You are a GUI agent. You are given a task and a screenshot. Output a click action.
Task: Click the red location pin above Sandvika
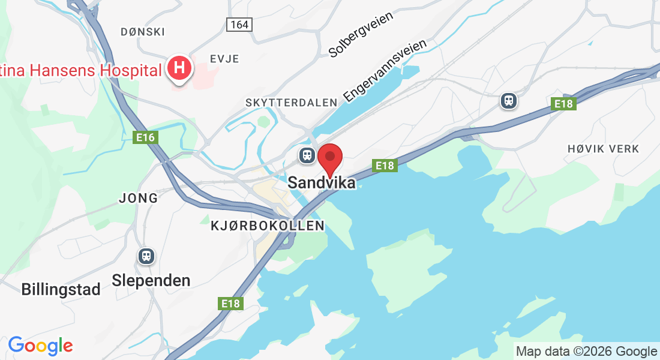tap(329, 158)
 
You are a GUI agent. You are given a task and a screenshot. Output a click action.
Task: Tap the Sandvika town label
tap(322, 183)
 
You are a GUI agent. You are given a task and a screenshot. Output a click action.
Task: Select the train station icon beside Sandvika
tap(307, 156)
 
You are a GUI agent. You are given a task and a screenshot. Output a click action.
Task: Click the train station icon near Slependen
tap(146, 256)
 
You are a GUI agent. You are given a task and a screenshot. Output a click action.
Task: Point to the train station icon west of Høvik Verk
tap(509, 101)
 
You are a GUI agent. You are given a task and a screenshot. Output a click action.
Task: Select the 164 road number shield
tap(240, 25)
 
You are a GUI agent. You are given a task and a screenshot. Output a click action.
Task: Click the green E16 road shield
tap(145, 137)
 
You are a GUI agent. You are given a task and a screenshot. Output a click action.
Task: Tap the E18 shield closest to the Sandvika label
tap(385, 165)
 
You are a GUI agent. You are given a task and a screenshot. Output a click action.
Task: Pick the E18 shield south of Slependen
tap(230, 304)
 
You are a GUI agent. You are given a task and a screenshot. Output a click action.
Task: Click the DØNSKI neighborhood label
tap(142, 32)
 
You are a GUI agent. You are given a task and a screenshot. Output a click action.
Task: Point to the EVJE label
tap(224, 59)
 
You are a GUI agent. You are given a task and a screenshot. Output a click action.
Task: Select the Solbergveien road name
tap(361, 35)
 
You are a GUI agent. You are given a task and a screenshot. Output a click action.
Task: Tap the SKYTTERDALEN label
tap(292, 103)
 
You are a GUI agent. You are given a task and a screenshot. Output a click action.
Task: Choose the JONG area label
tap(139, 197)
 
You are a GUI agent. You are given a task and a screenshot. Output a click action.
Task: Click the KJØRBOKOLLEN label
tap(268, 226)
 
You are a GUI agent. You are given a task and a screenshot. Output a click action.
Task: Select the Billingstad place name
tap(61, 289)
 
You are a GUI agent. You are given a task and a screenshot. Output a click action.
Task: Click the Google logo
tap(40, 346)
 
